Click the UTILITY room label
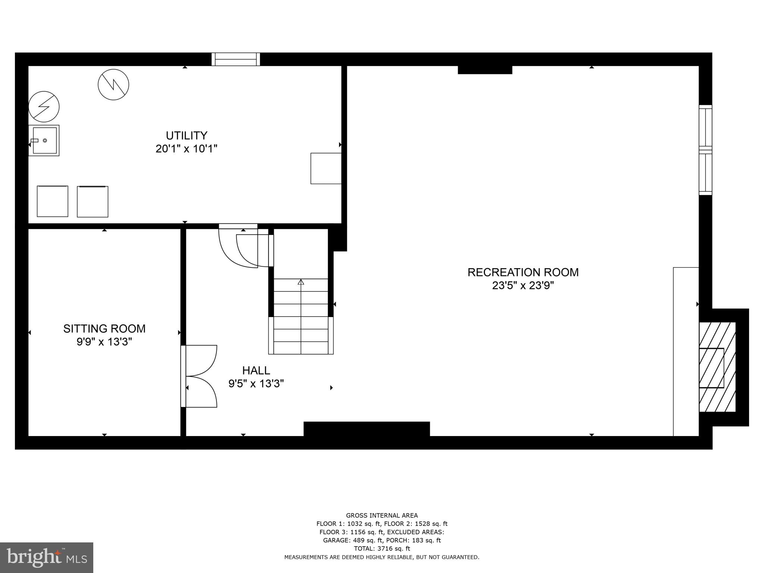(x=187, y=135)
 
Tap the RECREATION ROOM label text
(x=523, y=272)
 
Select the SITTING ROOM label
(x=104, y=329)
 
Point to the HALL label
(x=256, y=370)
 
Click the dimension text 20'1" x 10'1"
(x=187, y=149)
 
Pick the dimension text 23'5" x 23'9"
(x=523, y=286)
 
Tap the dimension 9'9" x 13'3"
(x=104, y=342)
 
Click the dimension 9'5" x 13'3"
(x=256, y=383)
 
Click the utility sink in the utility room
(x=44, y=140)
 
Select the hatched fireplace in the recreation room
(x=717, y=367)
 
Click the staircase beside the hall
(x=301, y=316)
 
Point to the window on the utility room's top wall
(x=236, y=59)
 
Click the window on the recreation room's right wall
(x=705, y=150)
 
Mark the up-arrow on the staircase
(x=301, y=282)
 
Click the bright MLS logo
(x=47, y=557)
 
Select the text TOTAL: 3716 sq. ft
(x=382, y=548)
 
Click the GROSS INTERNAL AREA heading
(x=382, y=516)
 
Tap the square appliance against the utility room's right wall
(x=326, y=168)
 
